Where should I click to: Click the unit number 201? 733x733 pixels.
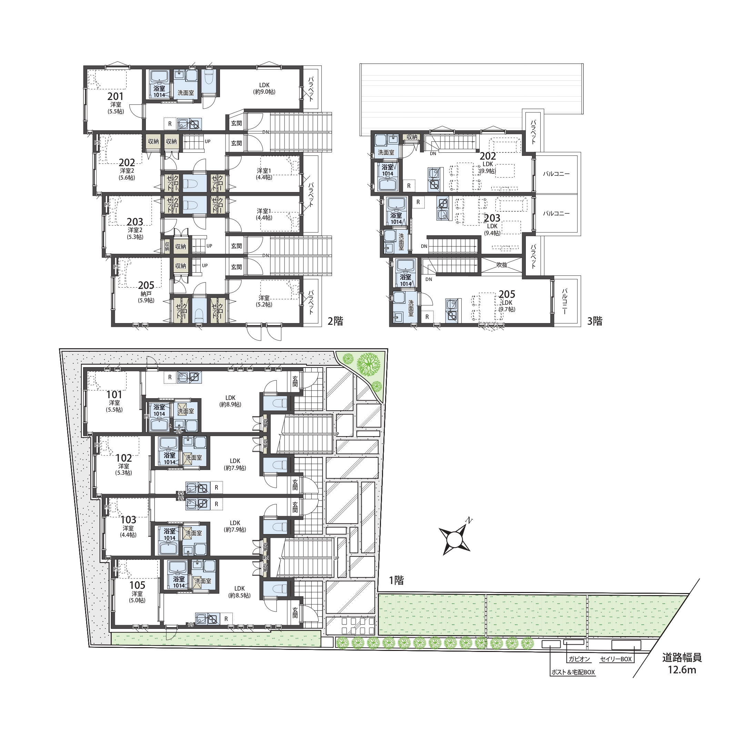point(116,97)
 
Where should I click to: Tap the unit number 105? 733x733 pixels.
point(137,585)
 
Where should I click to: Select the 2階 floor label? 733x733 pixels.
point(335,321)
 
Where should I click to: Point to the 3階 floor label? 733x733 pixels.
point(594,321)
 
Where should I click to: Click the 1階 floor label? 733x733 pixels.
point(396,581)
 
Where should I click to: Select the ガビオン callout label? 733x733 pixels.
point(579,659)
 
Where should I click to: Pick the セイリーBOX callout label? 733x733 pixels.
point(616,659)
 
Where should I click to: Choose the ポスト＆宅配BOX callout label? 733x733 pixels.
point(573,672)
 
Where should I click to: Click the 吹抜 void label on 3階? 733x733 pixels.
point(502,265)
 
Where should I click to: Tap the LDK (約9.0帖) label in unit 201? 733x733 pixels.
point(264,88)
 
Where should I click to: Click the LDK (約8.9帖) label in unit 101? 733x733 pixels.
point(230,401)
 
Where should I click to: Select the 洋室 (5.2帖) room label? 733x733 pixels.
point(264,301)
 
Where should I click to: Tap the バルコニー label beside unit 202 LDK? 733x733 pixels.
point(556,174)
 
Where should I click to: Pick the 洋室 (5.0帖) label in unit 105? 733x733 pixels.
point(137,597)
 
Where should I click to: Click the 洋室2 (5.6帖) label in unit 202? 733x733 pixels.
point(127,174)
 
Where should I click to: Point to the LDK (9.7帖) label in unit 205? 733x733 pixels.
point(507,306)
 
